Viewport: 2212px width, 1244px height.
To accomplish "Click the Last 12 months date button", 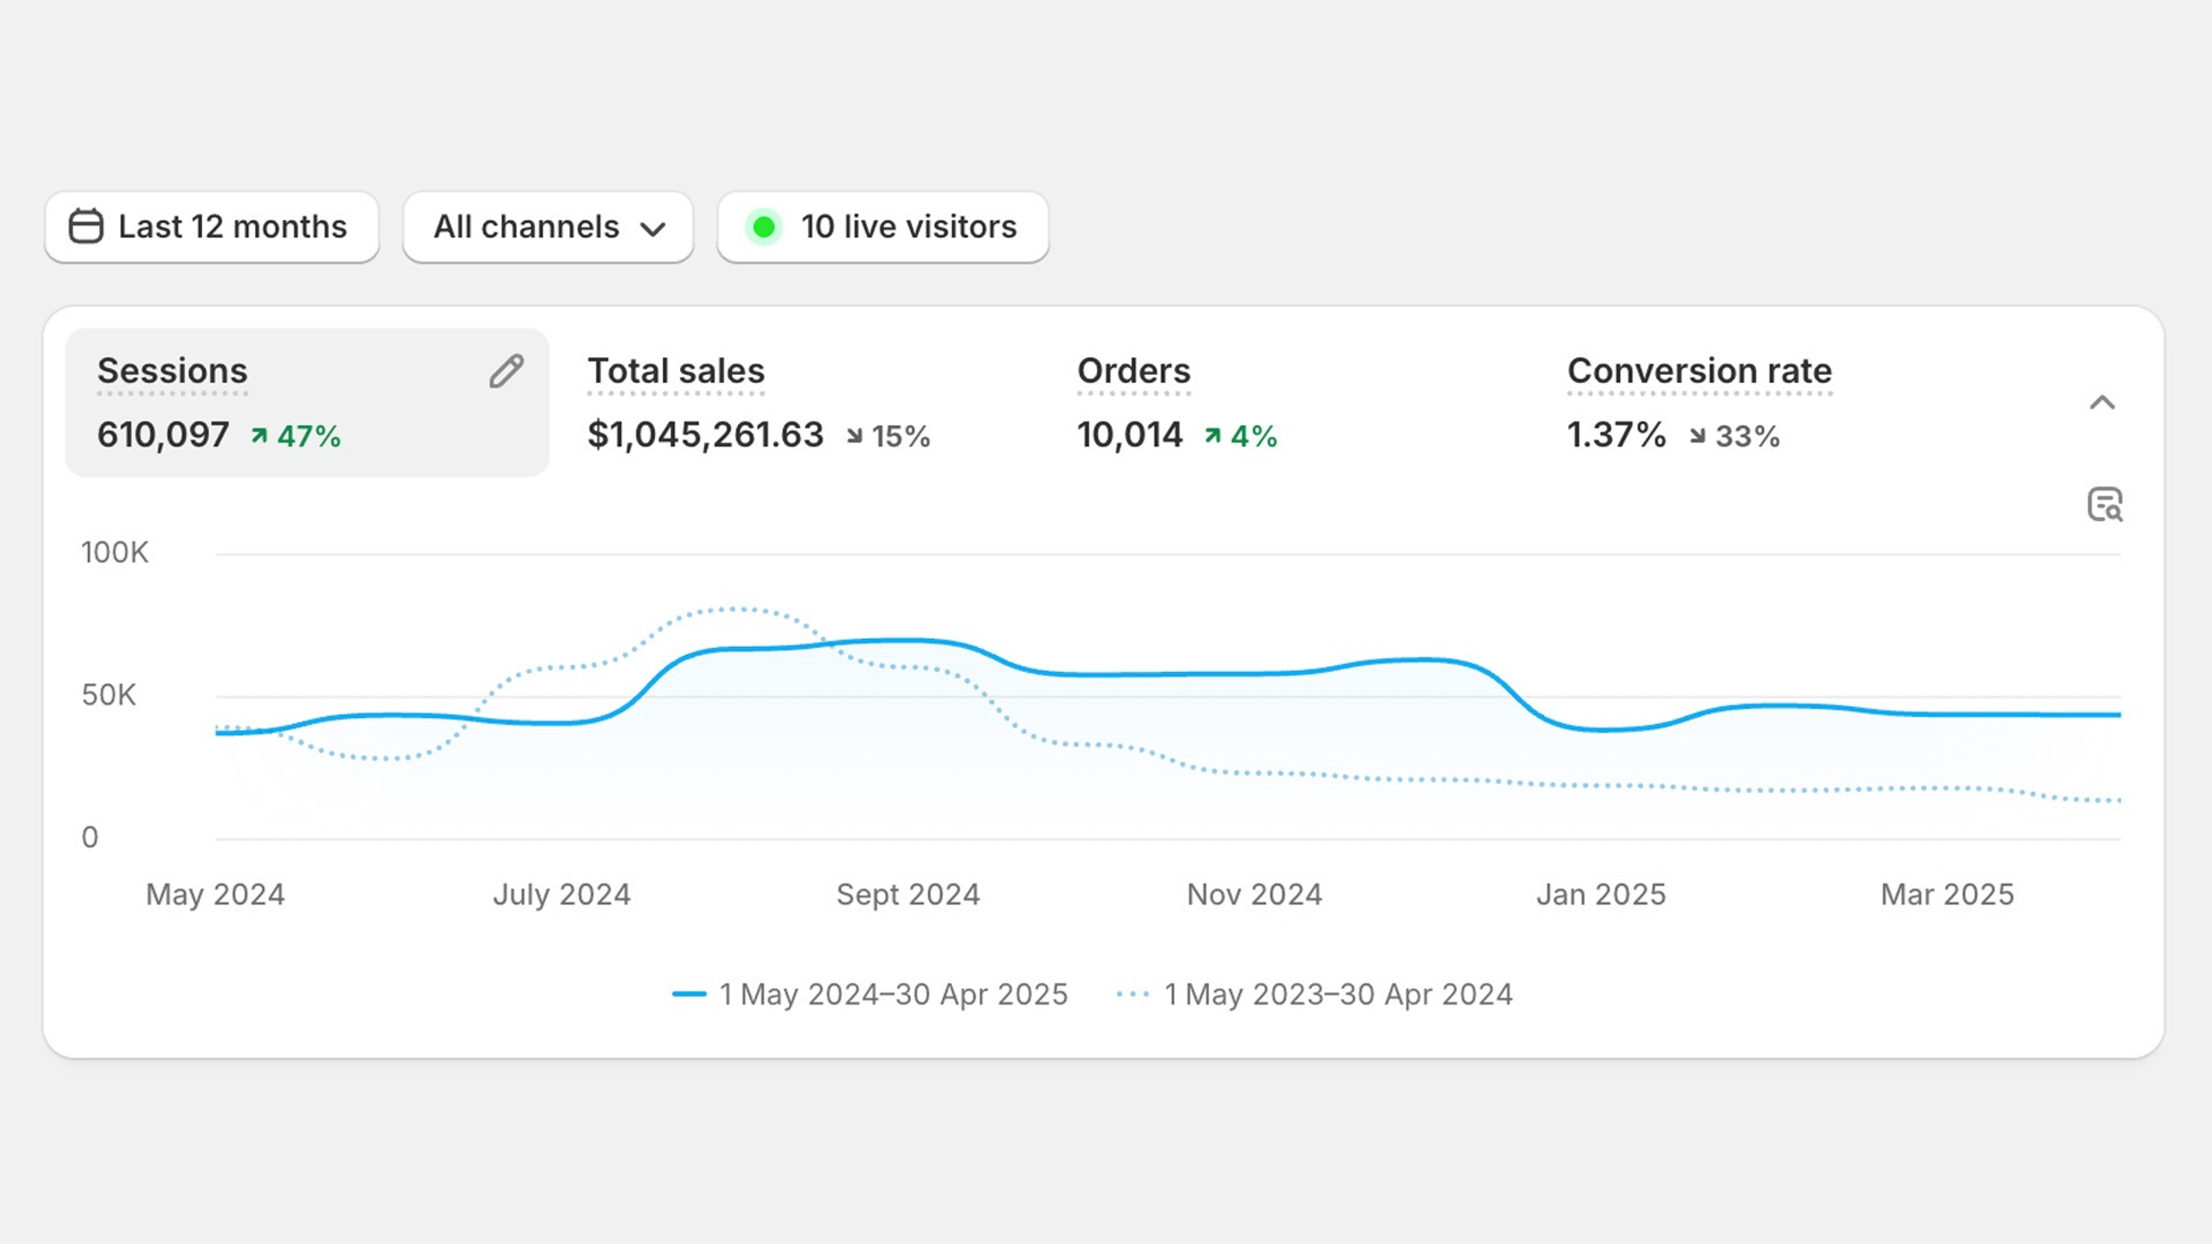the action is pyautogui.click(x=212, y=227).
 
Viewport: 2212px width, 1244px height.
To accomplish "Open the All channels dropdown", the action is pyautogui.click(x=548, y=227).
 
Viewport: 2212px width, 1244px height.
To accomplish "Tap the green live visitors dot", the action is pyautogui.click(x=763, y=227).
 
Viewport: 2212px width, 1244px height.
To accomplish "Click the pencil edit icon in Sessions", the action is pyautogui.click(x=506, y=371).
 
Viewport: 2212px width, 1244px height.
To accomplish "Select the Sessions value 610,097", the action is pyautogui.click(x=163, y=435).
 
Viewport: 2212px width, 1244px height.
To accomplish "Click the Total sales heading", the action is pyautogui.click(x=676, y=371).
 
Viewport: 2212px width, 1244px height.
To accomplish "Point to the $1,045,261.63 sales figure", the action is pyautogui.click(x=705, y=435).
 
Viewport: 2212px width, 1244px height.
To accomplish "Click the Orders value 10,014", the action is pyautogui.click(x=1129, y=435).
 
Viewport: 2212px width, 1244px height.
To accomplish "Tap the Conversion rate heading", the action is pyautogui.click(x=1700, y=371).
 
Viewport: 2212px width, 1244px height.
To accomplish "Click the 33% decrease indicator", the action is pyautogui.click(x=1735, y=436).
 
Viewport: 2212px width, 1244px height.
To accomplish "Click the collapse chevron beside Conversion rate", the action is pyautogui.click(x=2102, y=403).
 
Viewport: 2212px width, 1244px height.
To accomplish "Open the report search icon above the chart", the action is pyautogui.click(x=2105, y=505).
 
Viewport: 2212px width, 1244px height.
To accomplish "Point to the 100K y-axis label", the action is pyautogui.click(x=115, y=553).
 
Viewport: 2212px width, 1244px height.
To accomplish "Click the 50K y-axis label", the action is pyautogui.click(x=109, y=695).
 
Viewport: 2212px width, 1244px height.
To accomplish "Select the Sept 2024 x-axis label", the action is pyautogui.click(x=908, y=895).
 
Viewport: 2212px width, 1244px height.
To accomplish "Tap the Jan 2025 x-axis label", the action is pyautogui.click(x=1601, y=895).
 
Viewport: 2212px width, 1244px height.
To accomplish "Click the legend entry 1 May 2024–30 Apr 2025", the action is pyautogui.click(x=870, y=994).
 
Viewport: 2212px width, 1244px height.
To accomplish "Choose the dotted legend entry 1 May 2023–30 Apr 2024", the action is pyautogui.click(x=1314, y=994).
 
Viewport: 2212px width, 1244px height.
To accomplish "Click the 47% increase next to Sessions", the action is pyautogui.click(x=296, y=436).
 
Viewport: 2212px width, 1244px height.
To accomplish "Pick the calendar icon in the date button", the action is pyautogui.click(x=86, y=226).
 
